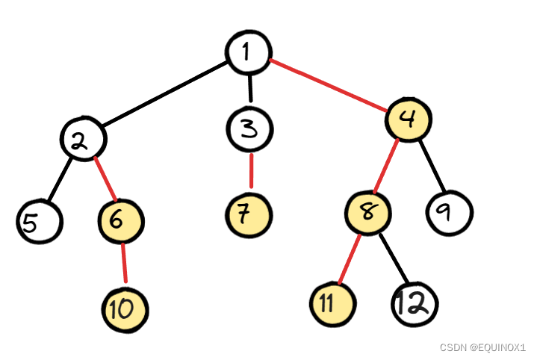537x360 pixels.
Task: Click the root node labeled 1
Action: click(x=248, y=52)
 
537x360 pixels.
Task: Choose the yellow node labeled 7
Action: click(x=249, y=215)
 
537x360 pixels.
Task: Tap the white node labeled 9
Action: click(x=450, y=214)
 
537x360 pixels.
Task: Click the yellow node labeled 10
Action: click(x=125, y=307)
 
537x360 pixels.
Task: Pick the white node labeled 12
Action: click(x=414, y=304)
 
